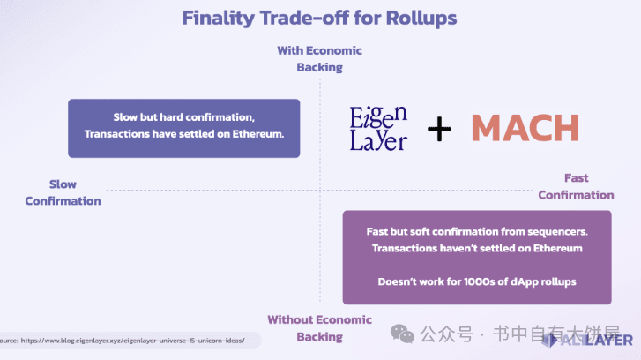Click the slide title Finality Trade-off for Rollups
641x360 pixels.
tap(319, 18)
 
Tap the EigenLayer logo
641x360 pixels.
tap(379, 129)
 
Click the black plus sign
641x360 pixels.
tap(438, 129)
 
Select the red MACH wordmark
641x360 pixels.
tap(524, 129)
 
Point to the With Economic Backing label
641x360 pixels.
tap(319, 58)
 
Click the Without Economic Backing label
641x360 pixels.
tap(319, 327)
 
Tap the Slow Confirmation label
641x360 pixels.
tap(63, 192)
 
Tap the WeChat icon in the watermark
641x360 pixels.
tap(402, 334)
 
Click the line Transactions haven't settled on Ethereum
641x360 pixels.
tap(477, 248)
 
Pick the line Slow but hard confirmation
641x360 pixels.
tap(183, 117)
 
